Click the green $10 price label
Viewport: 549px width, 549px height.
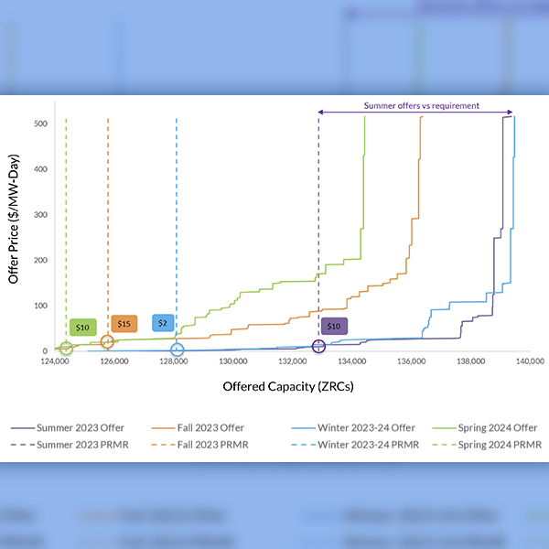click(x=82, y=327)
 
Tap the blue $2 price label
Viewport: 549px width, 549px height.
click(x=162, y=323)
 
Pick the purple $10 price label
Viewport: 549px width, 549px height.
click(x=334, y=327)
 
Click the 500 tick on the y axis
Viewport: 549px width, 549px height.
click(x=41, y=123)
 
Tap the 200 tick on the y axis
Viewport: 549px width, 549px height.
click(x=41, y=260)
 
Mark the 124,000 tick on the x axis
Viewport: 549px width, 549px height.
click(x=55, y=362)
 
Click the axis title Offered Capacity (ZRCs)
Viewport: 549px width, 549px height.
click(x=288, y=387)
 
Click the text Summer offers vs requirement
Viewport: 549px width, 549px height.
click(x=421, y=105)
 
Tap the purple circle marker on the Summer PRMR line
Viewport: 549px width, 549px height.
click(x=318, y=346)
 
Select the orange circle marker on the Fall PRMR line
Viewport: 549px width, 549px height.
click(x=107, y=342)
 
